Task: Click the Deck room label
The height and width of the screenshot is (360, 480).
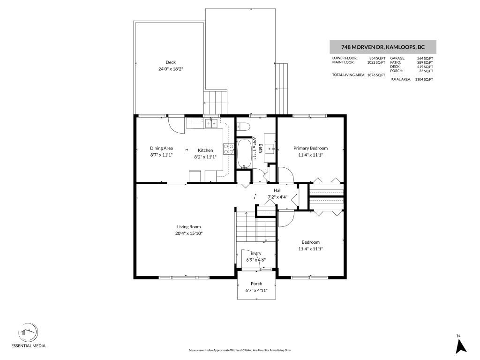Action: pyautogui.click(x=171, y=62)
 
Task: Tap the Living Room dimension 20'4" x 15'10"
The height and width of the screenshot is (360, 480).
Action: pyautogui.click(x=188, y=233)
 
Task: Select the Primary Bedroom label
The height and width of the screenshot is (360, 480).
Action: pyautogui.click(x=310, y=148)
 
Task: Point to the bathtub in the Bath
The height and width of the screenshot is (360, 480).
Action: pyautogui.click(x=244, y=154)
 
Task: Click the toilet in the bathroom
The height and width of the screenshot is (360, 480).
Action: pyautogui.click(x=243, y=126)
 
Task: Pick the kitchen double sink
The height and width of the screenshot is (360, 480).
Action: pyautogui.click(x=211, y=124)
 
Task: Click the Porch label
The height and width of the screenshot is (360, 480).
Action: pyautogui.click(x=256, y=284)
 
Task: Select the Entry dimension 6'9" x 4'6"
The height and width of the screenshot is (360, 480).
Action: pyautogui.click(x=256, y=260)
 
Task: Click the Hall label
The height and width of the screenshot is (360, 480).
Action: pyautogui.click(x=277, y=190)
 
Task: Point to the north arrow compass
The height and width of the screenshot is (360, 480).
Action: pyautogui.click(x=461, y=346)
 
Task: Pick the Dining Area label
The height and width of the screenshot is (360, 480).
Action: pyautogui.click(x=161, y=148)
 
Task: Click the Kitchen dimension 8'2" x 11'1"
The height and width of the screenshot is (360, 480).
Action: pyautogui.click(x=205, y=157)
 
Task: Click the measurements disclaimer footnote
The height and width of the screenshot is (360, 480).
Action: pyautogui.click(x=240, y=350)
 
